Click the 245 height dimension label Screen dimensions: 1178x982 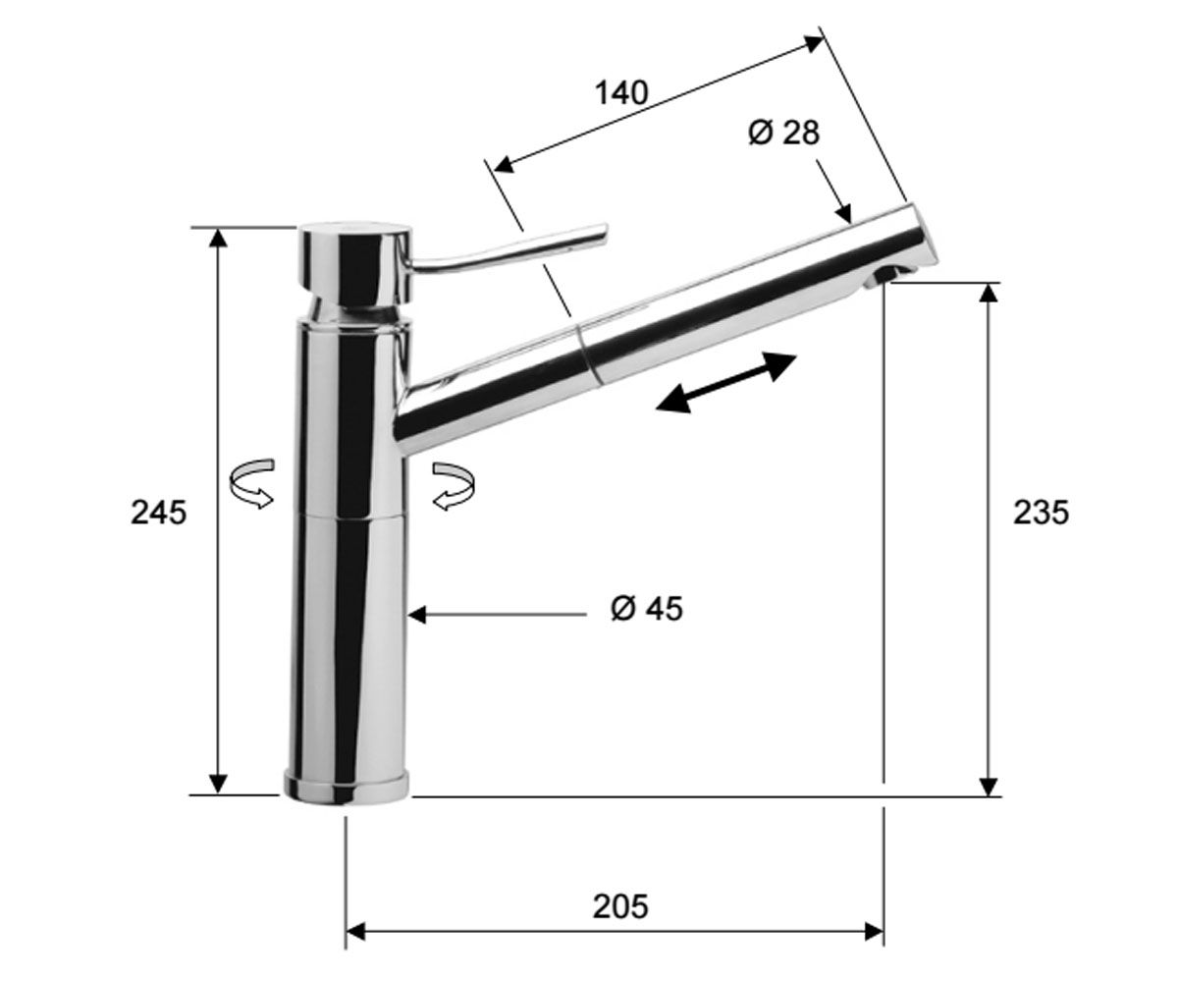click(158, 513)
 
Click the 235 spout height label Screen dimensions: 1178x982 click(1041, 513)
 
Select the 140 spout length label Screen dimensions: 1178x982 click(621, 93)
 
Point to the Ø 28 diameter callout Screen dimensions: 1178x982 click(783, 134)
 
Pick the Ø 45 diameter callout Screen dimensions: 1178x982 click(647, 609)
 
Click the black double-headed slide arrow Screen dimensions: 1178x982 click(726, 383)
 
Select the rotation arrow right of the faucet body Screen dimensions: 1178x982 click(454, 485)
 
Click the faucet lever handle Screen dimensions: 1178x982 click(508, 248)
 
